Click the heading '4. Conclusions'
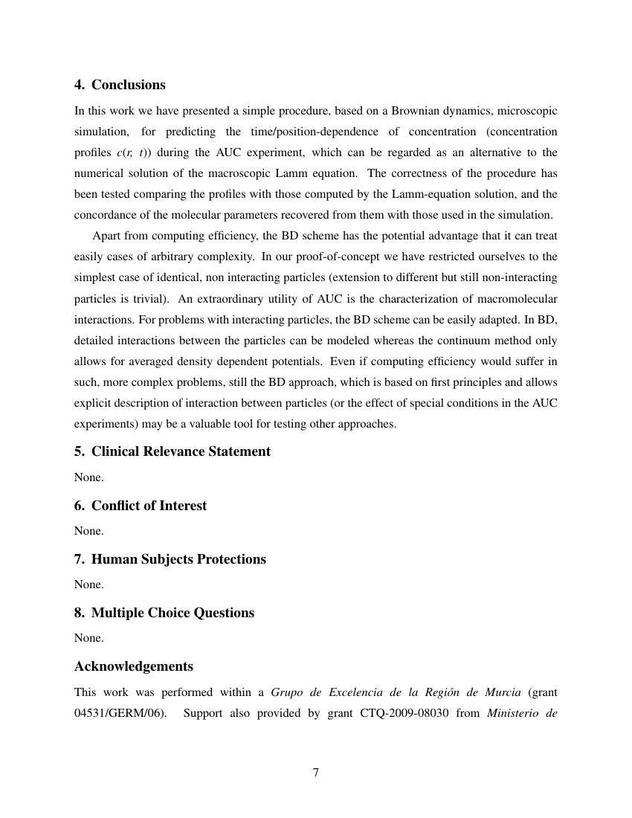120,85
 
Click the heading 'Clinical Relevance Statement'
181,451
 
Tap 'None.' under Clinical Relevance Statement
88,477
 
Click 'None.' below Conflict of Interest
88,531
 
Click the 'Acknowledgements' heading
134,666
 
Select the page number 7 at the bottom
316,773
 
